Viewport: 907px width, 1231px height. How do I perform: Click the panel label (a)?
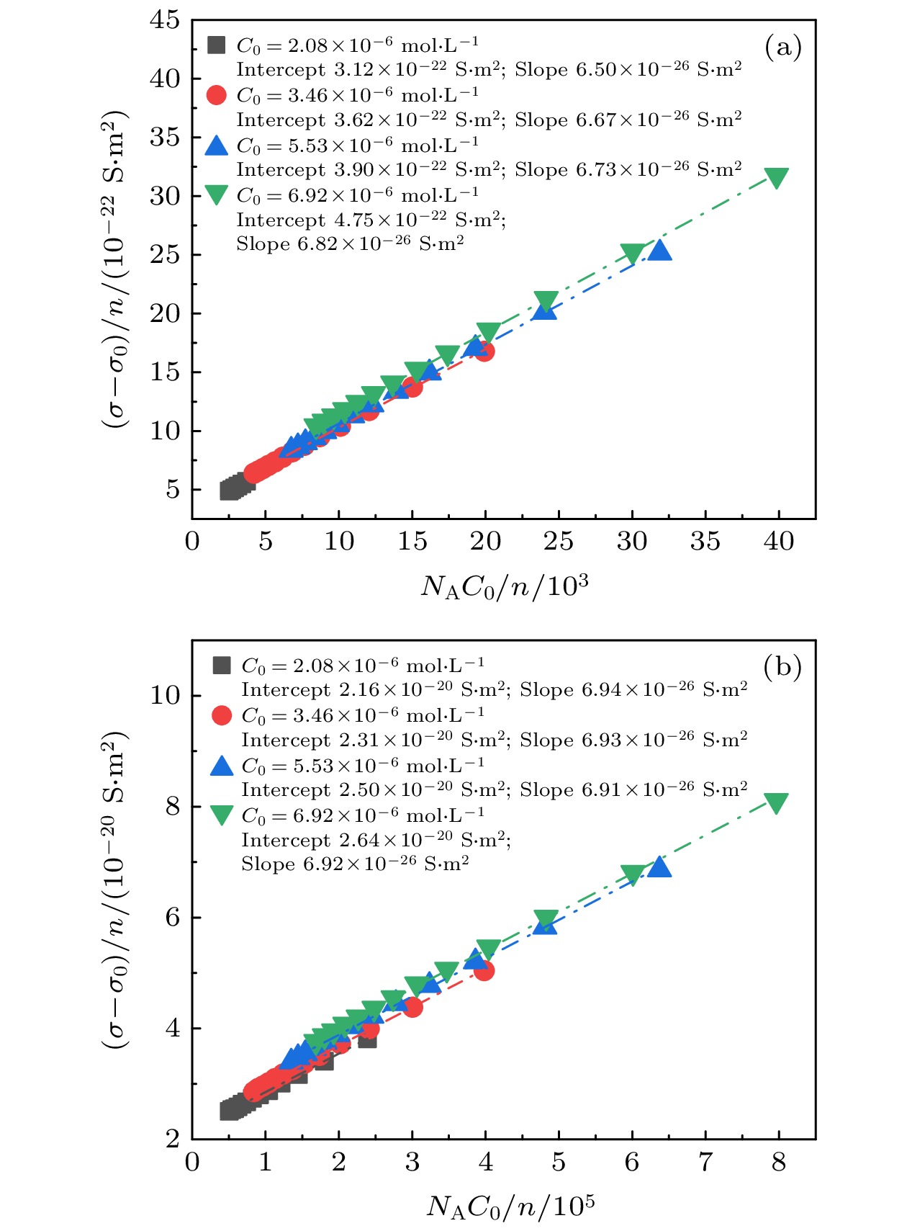[782, 48]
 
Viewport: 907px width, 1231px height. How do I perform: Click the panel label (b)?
[782, 667]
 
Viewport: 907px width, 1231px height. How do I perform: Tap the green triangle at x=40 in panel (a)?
[776, 177]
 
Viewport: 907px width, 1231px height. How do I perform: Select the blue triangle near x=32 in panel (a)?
[659, 251]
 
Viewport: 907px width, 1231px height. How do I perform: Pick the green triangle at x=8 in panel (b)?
[776, 802]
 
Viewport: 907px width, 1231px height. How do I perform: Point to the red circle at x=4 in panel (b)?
[484, 971]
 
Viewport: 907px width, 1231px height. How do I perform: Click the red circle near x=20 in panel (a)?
[484, 352]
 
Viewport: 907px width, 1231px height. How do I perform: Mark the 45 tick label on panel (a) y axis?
[165, 20]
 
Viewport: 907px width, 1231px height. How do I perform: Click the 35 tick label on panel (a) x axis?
[705, 542]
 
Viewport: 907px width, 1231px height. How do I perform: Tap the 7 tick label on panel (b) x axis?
[705, 1162]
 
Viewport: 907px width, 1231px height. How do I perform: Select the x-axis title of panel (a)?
[504, 586]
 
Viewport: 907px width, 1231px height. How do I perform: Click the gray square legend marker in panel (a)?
[216, 45]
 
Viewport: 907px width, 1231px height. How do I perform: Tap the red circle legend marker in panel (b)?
[222, 715]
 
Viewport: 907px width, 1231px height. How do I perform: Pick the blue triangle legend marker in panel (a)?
[216, 146]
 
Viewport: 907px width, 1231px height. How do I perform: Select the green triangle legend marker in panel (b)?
[222, 815]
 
